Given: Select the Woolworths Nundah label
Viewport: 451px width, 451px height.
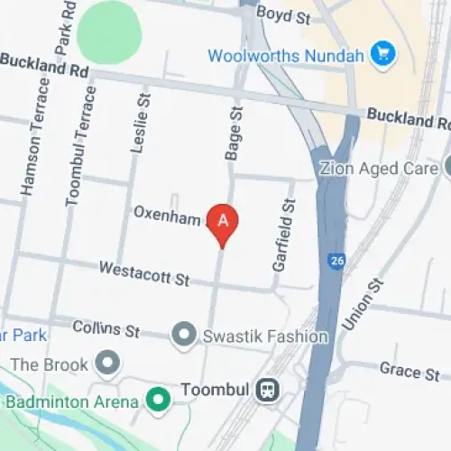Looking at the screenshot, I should pyautogui.click(x=288, y=55).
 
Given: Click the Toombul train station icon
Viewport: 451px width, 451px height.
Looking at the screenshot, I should pyautogui.click(x=268, y=391).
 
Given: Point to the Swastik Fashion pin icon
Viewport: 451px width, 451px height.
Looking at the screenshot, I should pyautogui.click(x=185, y=336).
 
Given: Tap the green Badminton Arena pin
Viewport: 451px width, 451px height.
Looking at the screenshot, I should pyautogui.click(x=159, y=398).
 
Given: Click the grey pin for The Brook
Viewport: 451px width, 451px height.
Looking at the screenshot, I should pyautogui.click(x=109, y=364).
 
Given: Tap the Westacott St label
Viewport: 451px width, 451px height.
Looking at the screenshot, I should pyautogui.click(x=143, y=272).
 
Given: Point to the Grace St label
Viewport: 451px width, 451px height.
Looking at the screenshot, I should pyautogui.click(x=410, y=373).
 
